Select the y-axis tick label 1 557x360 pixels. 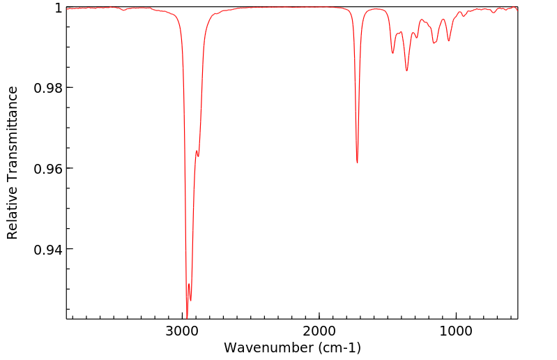(x=59, y=8)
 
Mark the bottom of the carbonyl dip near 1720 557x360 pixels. (x=357, y=163)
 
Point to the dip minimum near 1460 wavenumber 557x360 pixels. (x=392, y=53)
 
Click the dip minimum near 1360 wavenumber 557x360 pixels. (x=406, y=70)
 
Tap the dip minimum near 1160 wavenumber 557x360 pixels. (x=434, y=43)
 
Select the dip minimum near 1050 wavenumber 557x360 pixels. (x=449, y=40)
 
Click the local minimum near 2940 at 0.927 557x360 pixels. (x=190, y=300)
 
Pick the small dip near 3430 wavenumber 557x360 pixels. (x=123, y=10)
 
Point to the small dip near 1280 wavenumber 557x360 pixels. (x=417, y=37)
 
